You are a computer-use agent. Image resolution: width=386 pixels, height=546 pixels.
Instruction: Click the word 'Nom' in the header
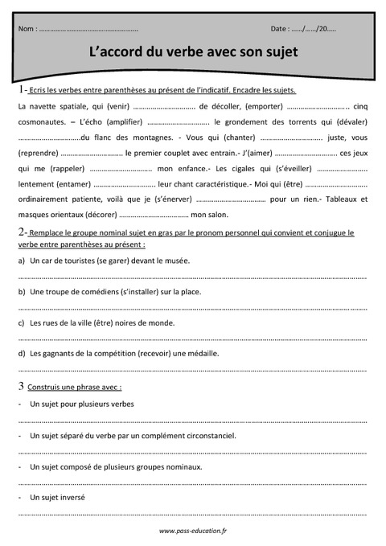[26, 29]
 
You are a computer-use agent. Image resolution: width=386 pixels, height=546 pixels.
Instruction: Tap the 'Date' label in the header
[280, 29]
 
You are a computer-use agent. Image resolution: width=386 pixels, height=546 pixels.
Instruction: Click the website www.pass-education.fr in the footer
[193, 531]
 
